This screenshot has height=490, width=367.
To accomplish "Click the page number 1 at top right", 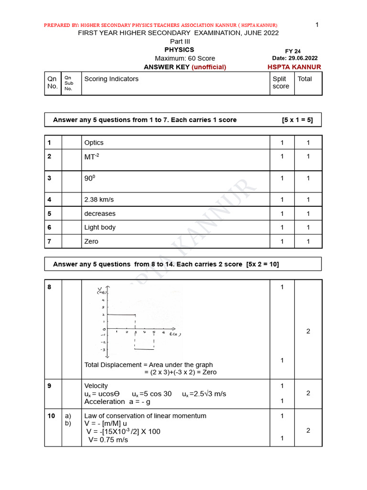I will pyautogui.click(x=317, y=24).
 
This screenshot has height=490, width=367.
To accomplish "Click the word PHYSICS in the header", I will pyautogui.click(x=179, y=50).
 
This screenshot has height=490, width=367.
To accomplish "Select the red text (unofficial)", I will pyautogui.click(x=209, y=67).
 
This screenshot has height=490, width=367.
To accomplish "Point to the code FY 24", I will pyautogui.click(x=293, y=51).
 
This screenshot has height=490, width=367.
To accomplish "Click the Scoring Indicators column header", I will pyautogui.click(x=111, y=79).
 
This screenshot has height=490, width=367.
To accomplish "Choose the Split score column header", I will pyautogui.click(x=281, y=82).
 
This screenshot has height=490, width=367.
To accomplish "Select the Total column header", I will pyautogui.click(x=304, y=79).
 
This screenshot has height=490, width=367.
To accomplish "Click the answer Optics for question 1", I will pyautogui.click(x=94, y=143).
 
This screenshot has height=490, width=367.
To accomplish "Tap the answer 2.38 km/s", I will pyautogui.click(x=99, y=200).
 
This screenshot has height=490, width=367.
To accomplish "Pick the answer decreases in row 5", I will pyautogui.click(x=100, y=213).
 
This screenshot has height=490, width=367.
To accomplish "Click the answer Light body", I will pyautogui.click(x=100, y=227).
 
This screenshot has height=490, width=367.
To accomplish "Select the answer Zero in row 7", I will pyautogui.click(x=91, y=242).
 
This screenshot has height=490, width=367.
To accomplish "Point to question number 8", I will pyautogui.click(x=49, y=287).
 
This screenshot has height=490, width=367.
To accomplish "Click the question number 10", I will pyautogui.click(x=51, y=416).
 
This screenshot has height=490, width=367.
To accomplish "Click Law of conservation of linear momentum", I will pyautogui.click(x=145, y=416).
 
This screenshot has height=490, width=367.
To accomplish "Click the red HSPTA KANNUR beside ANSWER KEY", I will pyautogui.click(x=294, y=67).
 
